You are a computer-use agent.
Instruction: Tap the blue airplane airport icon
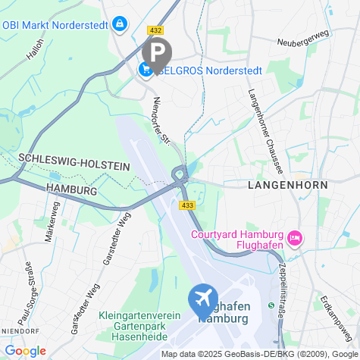point(203,300)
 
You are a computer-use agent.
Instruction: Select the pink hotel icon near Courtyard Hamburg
point(296,239)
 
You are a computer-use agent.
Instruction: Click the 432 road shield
point(156,30)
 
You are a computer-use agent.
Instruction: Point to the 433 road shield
point(186,205)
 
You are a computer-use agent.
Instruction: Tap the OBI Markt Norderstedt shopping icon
point(119,24)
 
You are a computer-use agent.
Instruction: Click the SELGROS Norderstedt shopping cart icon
point(145,70)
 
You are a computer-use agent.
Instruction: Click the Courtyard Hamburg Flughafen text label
point(236,239)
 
